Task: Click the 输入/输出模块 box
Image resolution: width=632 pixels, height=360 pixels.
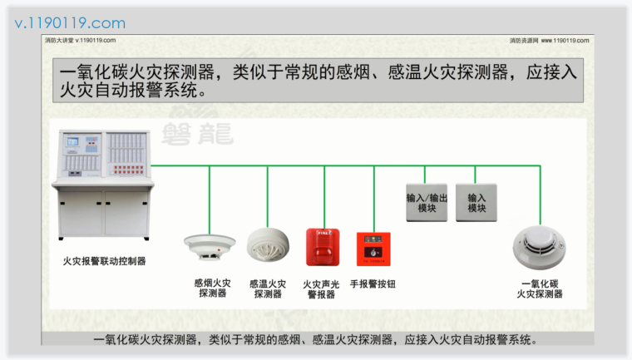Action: [x=427, y=202]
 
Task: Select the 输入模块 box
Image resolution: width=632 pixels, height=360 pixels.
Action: [x=476, y=202]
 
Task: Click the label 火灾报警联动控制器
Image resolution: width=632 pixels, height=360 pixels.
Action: [x=104, y=261]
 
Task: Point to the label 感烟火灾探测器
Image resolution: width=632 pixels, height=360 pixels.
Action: [x=212, y=288]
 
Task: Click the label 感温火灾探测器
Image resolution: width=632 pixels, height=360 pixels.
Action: [x=268, y=288]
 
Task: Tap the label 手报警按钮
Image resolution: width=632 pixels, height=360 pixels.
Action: [x=373, y=284]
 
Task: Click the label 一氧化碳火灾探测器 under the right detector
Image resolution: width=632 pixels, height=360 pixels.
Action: [x=540, y=288]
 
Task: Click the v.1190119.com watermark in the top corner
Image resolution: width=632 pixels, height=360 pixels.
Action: [x=71, y=22]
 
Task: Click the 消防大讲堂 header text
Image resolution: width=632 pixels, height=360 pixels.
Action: [x=80, y=40]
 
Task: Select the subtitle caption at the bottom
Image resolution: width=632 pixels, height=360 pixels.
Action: [x=317, y=339]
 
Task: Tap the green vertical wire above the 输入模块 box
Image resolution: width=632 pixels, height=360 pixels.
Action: [x=476, y=174]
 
